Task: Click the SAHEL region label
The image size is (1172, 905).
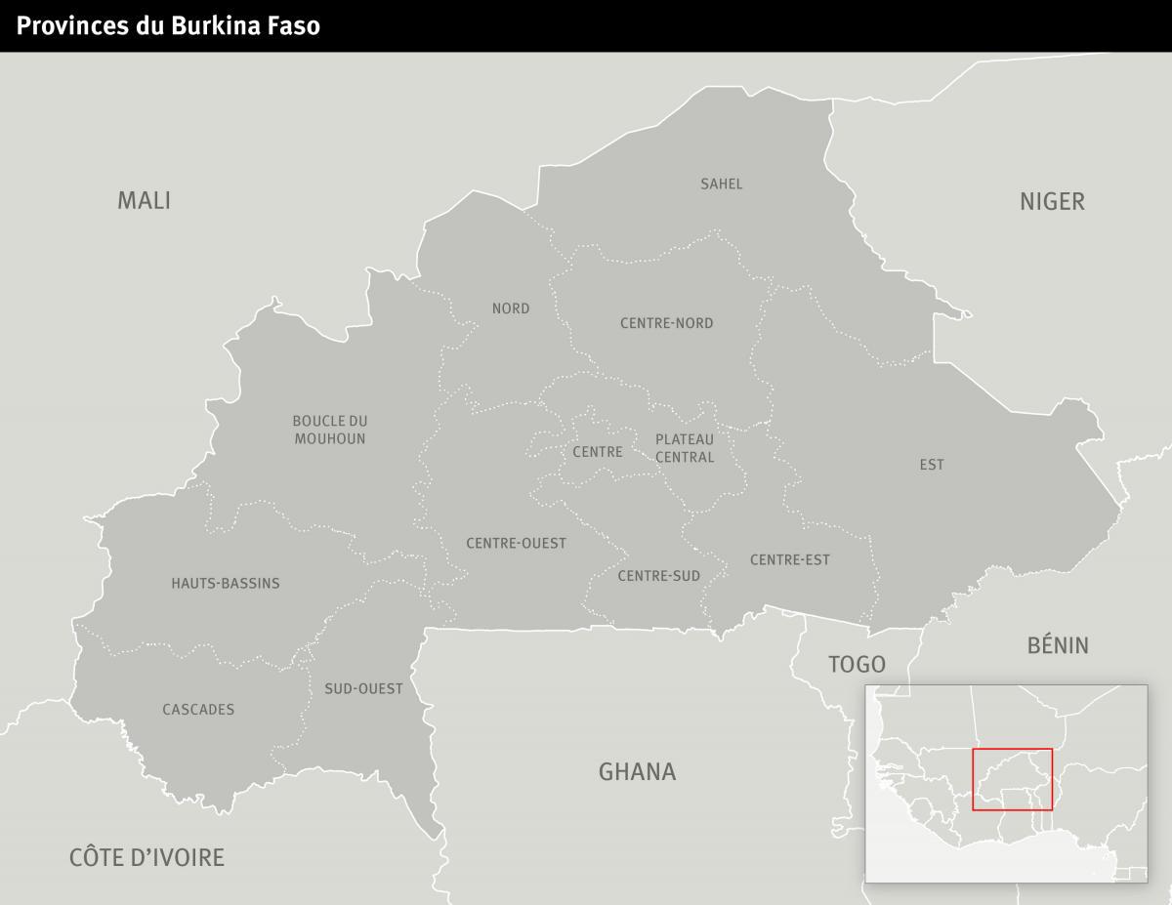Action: (722, 184)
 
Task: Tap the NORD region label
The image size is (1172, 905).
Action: (511, 309)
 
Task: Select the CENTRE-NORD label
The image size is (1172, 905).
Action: (667, 323)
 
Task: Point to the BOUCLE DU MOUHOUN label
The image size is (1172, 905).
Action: (330, 430)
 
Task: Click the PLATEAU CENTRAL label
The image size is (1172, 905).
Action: (685, 448)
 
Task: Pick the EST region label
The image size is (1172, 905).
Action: (932, 465)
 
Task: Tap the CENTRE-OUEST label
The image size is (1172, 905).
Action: (516, 543)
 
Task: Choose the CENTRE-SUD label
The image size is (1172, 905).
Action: (659, 576)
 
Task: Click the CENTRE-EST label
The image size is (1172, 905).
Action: (790, 559)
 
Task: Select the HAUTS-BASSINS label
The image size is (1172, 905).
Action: (226, 584)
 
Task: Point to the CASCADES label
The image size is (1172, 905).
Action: (198, 710)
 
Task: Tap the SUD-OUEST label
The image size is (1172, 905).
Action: (363, 689)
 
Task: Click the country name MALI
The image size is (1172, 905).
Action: (144, 201)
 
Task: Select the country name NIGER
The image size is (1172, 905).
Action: (1052, 202)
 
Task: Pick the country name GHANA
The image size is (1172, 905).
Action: (637, 772)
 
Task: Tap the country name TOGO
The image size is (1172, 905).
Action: (857, 665)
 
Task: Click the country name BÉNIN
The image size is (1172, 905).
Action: (1058, 645)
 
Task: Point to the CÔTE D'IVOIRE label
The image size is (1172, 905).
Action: (146, 858)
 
